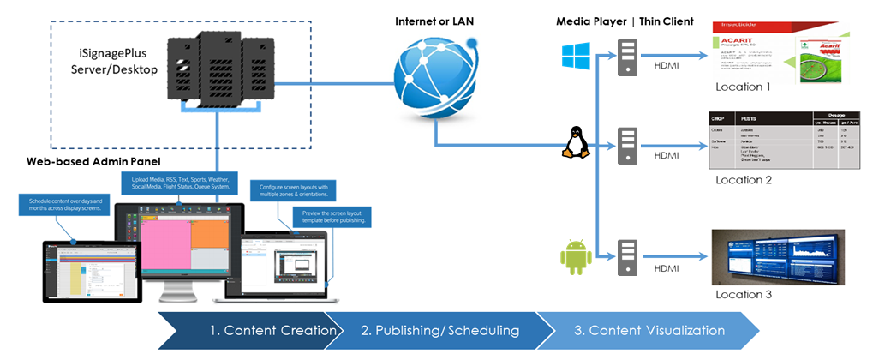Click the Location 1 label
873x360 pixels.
pyautogui.click(x=744, y=87)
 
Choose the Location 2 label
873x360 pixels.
pyautogui.click(x=744, y=180)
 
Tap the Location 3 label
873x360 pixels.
pyautogui.click(x=744, y=294)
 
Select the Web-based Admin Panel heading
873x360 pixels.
pyautogui.click(x=94, y=161)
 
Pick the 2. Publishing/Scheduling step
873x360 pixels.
pyautogui.click(x=439, y=330)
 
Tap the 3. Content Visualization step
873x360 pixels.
pyautogui.click(x=650, y=330)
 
